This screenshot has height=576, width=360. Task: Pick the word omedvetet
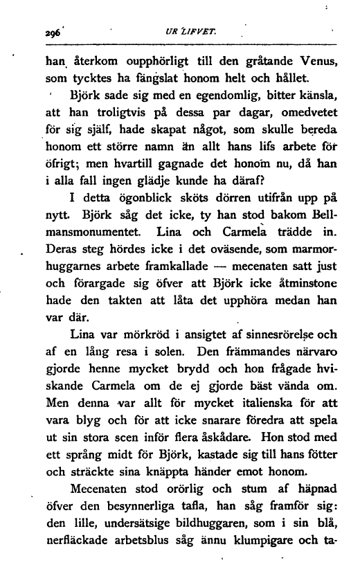[306, 112]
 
